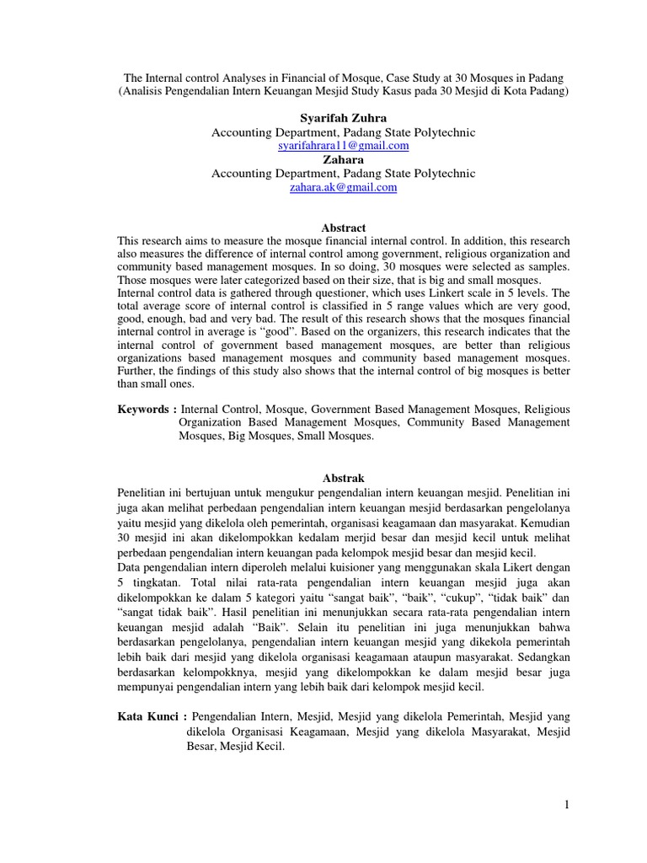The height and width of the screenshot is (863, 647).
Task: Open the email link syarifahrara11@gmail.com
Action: (343, 146)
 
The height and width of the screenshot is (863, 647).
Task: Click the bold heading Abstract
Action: (344, 228)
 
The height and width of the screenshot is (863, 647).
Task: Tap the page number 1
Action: (567, 805)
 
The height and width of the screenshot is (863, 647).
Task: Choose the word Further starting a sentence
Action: (136, 371)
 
